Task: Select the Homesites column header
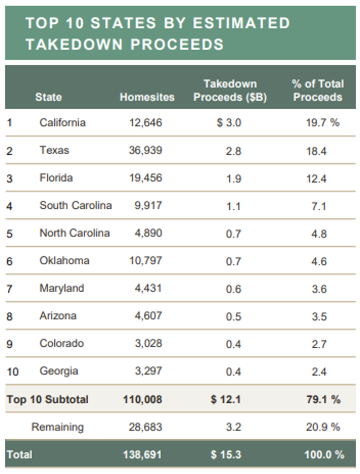point(147,97)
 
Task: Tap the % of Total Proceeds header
point(318,91)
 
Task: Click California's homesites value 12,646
point(145,123)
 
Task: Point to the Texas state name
point(54,150)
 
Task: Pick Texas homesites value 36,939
point(145,150)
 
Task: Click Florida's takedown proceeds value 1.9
point(234,178)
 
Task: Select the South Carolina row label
point(76,206)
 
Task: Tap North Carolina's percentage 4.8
point(319,233)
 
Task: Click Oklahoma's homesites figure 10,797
point(145,261)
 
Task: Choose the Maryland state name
point(62,288)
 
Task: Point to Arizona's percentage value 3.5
point(319,316)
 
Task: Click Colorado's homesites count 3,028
point(148,343)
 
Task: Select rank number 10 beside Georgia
point(13,371)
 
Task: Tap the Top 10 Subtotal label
point(47,399)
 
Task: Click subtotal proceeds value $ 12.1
point(226,399)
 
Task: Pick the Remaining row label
point(57,427)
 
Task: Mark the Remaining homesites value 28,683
point(145,427)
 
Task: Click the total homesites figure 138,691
point(143,455)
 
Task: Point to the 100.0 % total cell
point(324,455)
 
